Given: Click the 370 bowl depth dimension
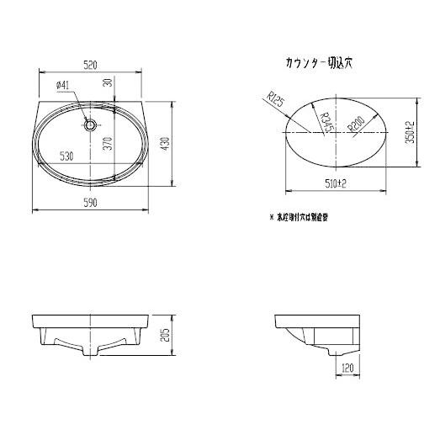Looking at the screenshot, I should [108, 144].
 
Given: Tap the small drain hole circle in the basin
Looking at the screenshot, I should [90, 125].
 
